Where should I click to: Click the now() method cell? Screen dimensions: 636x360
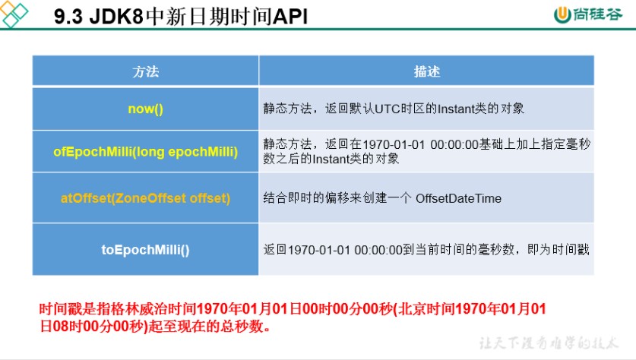pyautogui.click(x=145, y=109)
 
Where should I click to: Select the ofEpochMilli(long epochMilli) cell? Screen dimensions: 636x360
pyautogui.click(x=145, y=152)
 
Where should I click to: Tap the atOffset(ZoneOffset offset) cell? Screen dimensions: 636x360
pyautogui.click(x=145, y=197)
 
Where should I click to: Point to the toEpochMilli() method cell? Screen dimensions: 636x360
pyautogui.click(x=145, y=249)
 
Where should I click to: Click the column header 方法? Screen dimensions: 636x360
pyautogui.click(x=145, y=71)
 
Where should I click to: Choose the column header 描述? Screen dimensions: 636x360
pyautogui.click(x=427, y=71)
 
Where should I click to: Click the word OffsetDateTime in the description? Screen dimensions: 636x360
pyautogui.click(x=458, y=198)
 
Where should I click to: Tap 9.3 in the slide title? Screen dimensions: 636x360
pyautogui.click(x=68, y=17)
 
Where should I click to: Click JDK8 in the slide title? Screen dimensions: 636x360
pyautogui.click(x=116, y=17)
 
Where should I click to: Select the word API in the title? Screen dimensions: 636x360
pyautogui.click(x=290, y=17)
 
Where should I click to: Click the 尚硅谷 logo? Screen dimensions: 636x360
pyautogui.click(x=587, y=14)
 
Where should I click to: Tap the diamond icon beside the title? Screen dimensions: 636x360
pyautogui.click(x=14, y=14)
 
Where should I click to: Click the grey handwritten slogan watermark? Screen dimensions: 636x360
pyautogui.click(x=549, y=343)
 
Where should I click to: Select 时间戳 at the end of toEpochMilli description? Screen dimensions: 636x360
pyautogui.click(x=571, y=249)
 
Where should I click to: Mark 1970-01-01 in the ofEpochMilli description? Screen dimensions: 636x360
pyautogui.click(x=394, y=144)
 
